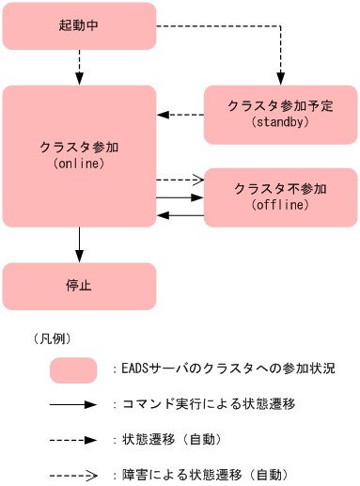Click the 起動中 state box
pos(79,25)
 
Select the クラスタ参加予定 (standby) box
pos(279,114)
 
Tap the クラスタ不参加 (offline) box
pos(279,197)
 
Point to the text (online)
pos(79,164)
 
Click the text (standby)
pos(280,122)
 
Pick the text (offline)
pos(280,206)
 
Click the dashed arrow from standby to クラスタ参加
pos(180,114)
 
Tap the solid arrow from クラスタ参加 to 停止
pos(79,244)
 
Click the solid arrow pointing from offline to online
pos(180,215)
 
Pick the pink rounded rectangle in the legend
pos(73,369)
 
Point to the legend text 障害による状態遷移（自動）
pos(203,474)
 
